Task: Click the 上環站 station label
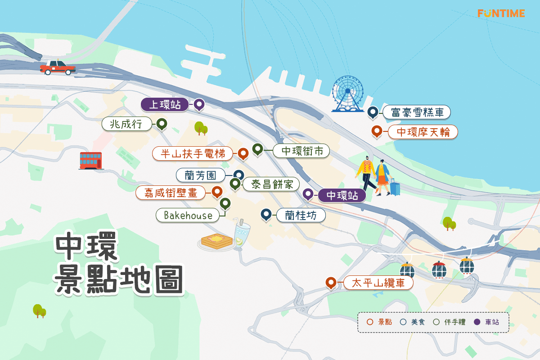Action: pos(165,105)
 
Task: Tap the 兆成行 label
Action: pos(127,124)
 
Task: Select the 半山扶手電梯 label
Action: pos(193,153)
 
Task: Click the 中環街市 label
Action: pos(302,151)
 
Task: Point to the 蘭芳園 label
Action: pos(201,175)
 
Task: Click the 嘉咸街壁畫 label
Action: pos(171,193)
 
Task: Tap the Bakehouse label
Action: pos(188,215)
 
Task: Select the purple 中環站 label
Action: pos(342,195)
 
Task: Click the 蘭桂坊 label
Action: pos(300,216)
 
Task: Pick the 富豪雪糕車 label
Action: pos(417,112)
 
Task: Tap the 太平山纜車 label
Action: pos(378,283)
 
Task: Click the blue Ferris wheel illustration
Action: pos(347,94)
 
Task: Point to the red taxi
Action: pos(58,67)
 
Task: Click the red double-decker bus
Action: pos(90,160)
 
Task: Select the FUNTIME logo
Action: pos(501,13)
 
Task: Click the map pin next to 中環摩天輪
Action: pos(377,131)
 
